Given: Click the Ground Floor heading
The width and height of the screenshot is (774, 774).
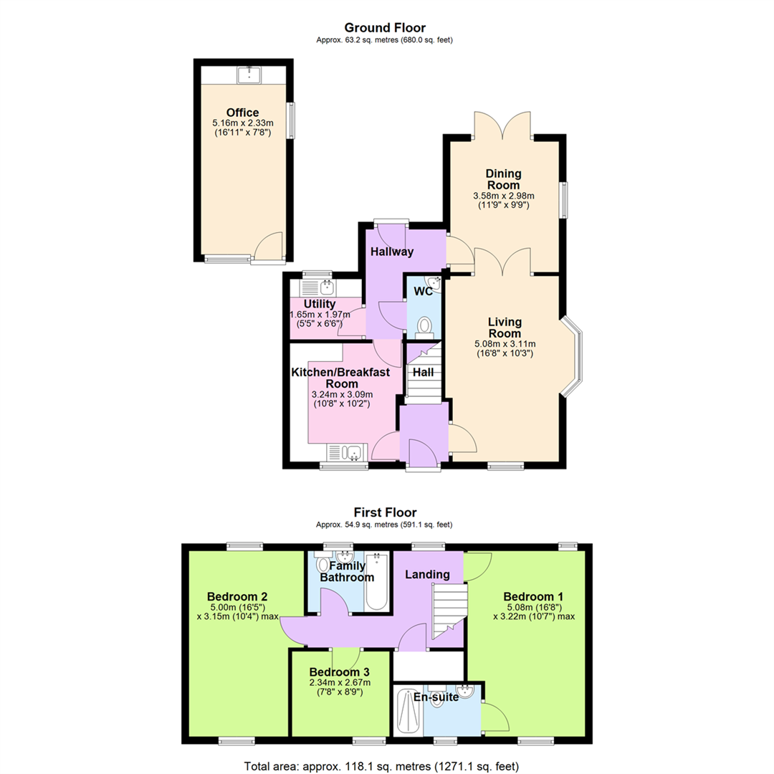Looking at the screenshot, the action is (x=385, y=28).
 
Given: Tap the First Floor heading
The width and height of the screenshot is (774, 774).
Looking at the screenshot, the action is (x=385, y=512).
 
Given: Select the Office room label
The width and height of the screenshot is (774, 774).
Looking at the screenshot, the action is (x=242, y=113).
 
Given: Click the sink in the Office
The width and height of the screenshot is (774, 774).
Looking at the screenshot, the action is (x=249, y=75).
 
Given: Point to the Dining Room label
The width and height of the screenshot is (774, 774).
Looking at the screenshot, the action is (x=504, y=179).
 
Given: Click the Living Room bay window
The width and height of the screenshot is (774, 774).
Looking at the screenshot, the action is (x=571, y=357).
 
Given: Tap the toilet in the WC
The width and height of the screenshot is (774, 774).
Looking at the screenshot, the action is (x=424, y=328).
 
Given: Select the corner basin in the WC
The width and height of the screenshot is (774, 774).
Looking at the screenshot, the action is (x=433, y=284).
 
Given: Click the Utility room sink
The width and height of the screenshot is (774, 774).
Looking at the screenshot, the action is (x=327, y=287).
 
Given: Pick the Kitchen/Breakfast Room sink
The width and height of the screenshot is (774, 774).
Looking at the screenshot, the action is (x=353, y=452).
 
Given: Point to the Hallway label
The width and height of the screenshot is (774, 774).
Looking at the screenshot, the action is (x=392, y=252).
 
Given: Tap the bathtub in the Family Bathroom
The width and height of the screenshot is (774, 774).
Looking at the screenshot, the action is (x=377, y=581).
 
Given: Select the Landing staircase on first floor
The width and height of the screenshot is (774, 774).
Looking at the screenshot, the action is (x=449, y=611).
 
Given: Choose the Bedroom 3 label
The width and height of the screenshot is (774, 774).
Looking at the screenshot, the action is (x=340, y=672).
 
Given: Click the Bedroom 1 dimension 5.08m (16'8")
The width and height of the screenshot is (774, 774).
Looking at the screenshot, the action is (x=535, y=608).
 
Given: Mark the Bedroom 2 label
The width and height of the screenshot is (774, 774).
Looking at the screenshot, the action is (x=237, y=596).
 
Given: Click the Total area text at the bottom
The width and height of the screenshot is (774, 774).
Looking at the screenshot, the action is (x=381, y=766).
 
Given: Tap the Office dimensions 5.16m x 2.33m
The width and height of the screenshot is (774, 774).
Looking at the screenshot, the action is (x=243, y=123).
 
